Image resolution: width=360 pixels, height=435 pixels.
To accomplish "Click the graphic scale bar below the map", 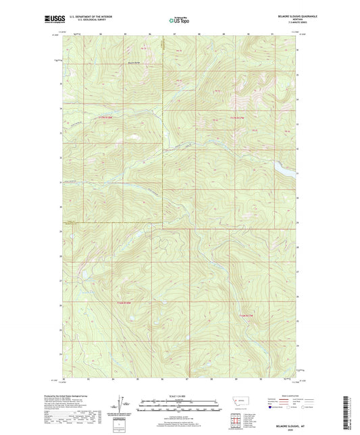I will pos(179,407).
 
